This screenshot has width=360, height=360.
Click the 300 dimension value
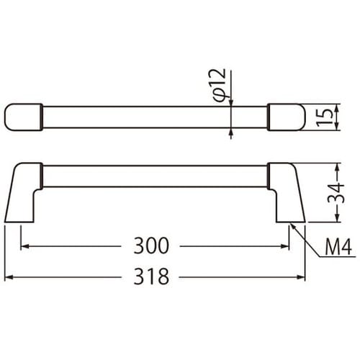(151, 246)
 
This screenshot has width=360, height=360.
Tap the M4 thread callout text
(338, 247)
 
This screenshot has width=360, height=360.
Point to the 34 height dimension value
(336, 193)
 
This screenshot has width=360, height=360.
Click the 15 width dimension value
(325, 117)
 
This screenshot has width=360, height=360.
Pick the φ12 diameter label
(220, 85)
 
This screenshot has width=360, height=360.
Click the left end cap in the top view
(24, 117)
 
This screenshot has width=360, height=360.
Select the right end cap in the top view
(286, 117)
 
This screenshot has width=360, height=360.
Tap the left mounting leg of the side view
(23, 192)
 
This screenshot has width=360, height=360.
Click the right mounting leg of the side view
(286, 192)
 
